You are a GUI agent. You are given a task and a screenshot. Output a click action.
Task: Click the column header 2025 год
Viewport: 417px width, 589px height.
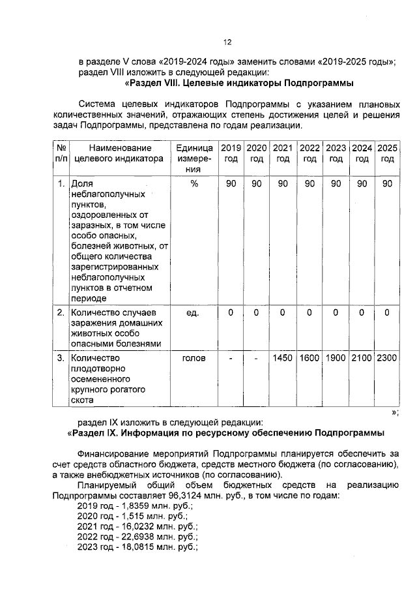point(387,153)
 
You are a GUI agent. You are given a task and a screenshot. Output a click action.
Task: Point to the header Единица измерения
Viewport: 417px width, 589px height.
point(194,159)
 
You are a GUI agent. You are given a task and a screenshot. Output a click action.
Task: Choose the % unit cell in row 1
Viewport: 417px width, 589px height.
point(194,184)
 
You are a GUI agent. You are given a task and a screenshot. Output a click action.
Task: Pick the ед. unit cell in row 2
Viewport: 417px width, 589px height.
point(194,313)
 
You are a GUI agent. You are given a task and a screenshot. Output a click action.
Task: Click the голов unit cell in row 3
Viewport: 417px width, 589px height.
point(194,358)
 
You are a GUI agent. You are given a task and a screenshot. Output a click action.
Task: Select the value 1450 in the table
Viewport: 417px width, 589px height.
point(283,358)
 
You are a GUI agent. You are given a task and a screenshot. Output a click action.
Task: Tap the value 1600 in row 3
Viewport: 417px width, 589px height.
point(309,358)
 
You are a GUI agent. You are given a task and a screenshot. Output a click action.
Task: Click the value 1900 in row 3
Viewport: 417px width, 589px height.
point(336,358)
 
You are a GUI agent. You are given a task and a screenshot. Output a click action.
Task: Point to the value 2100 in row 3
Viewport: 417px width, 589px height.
point(362,358)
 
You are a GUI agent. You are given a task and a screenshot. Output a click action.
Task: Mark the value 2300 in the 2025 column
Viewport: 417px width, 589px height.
point(387,358)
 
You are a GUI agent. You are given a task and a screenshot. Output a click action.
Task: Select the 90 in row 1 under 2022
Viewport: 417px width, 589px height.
point(309,184)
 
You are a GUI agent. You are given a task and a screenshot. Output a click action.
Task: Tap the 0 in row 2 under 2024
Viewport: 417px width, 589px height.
point(362,313)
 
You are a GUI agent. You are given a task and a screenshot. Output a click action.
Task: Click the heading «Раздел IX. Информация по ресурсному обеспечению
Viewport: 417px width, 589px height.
point(225,433)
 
